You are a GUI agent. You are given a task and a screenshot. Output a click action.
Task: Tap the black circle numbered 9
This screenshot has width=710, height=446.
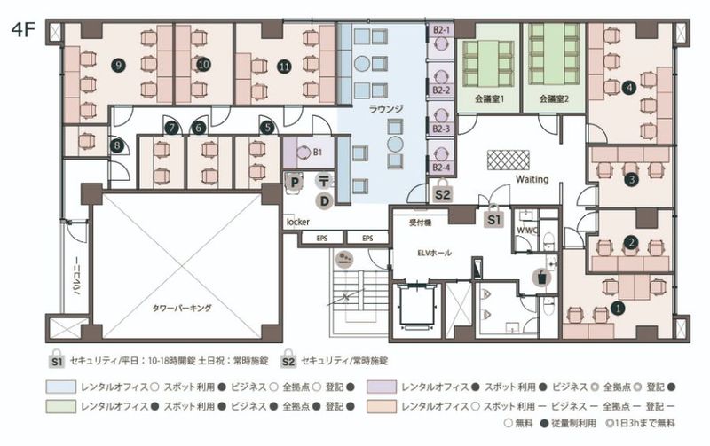coord(117,64)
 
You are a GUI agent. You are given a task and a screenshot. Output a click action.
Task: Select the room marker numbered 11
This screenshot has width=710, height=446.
coord(284,65)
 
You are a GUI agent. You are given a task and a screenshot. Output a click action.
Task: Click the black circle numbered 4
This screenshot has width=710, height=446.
coord(628,87)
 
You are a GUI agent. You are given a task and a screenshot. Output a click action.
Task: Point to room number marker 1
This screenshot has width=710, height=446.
coord(619,309)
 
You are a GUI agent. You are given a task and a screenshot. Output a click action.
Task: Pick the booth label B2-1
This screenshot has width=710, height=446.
coord(441,29)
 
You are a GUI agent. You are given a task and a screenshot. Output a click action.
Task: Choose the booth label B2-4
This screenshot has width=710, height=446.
coord(441,167)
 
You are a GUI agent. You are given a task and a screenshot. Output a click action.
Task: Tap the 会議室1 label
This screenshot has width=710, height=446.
coord(489,99)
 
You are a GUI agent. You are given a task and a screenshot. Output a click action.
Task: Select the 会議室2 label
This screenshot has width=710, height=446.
coord(553,99)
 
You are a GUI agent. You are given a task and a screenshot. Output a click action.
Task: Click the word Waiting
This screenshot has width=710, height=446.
coord(532,179)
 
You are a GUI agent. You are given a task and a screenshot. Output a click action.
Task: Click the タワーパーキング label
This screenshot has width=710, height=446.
coord(181,308)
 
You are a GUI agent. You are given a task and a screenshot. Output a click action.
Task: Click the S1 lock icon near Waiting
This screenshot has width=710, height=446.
coord(494,214)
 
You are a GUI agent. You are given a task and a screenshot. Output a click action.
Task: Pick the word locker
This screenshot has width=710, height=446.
coord(296,221)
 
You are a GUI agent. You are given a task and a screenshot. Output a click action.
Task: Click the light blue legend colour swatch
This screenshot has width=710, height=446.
coord(60,387)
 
